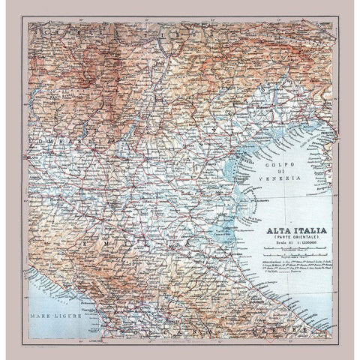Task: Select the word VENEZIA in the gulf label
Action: tap(286, 178)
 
